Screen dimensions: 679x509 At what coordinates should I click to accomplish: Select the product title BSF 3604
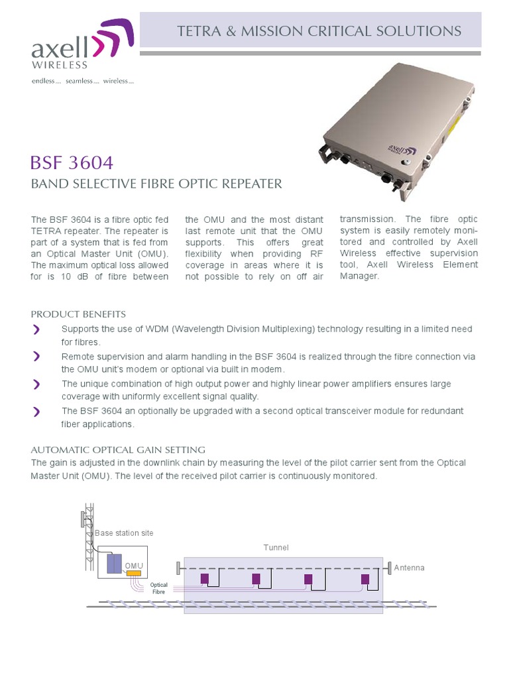point(72,162)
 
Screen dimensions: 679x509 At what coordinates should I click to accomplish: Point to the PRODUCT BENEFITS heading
point(78,314)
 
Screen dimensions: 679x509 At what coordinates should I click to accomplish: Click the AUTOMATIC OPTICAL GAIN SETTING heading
point(118,449)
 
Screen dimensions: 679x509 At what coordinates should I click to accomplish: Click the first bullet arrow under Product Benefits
point(36,330)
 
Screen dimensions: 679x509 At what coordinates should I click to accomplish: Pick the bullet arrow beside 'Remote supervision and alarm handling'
point(36,357)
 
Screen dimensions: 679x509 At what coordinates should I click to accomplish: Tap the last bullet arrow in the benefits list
point(36,412)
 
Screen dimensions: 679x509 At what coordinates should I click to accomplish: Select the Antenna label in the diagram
point(409,568)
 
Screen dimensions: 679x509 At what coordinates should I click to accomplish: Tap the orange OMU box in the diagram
point(135,573)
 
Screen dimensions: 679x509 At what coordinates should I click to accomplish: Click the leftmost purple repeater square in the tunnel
point(205,579)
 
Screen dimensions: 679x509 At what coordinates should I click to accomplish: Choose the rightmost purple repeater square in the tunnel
point(365,579)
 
